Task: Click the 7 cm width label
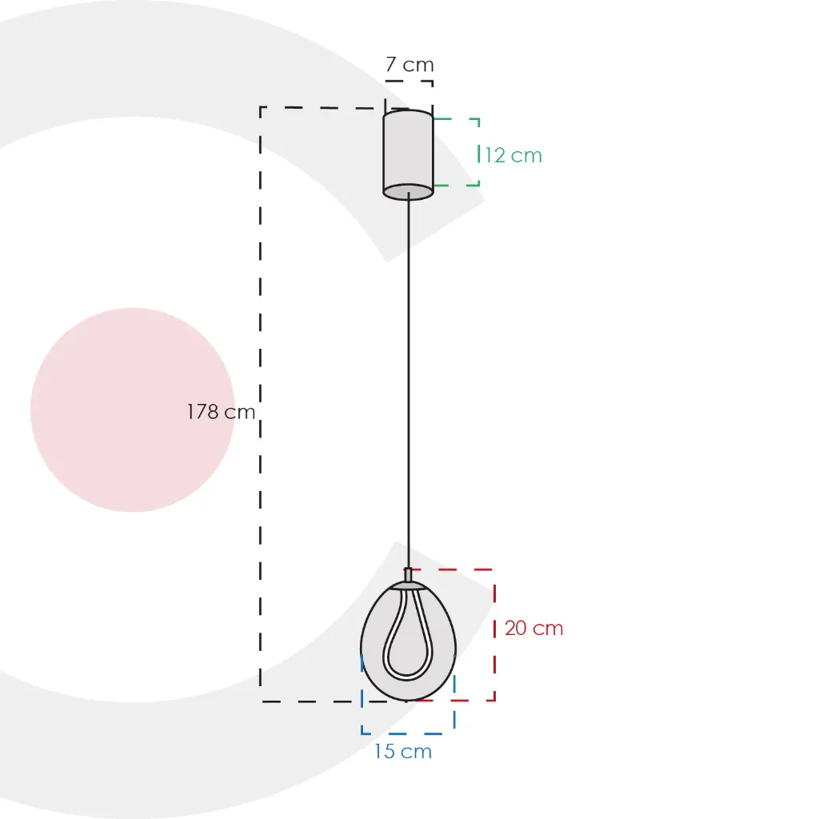click(x=410, y=65)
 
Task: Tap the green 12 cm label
click(x=513, y=155)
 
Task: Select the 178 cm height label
click(x=221, y=412)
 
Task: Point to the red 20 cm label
click(x=533, y=628)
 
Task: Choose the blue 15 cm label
click(x=403, y=751)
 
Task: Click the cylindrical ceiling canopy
click(x=408, y=154)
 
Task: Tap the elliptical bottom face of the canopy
click(x=408, y=192)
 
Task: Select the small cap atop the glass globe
click(x=409, y=575)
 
